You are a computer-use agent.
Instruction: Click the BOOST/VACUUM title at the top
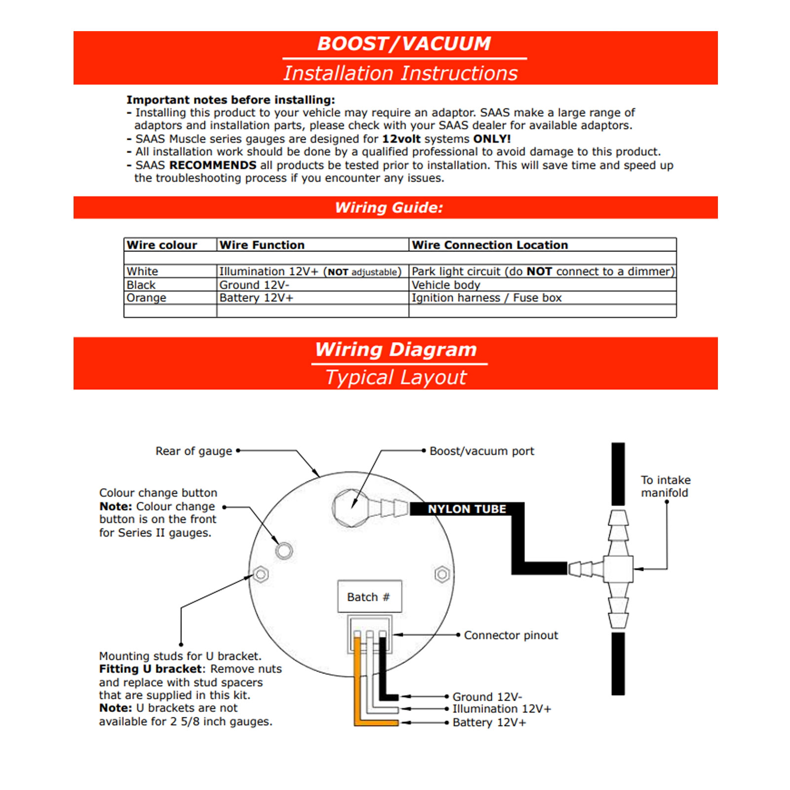[x=403, y=44]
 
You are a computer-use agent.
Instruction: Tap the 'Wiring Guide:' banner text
[x=389, y=207]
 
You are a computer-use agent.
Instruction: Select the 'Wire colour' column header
[x=162, y=245]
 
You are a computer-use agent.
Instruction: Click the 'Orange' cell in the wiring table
[x=147, y=298]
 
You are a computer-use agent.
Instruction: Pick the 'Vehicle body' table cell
[x=446, y=285]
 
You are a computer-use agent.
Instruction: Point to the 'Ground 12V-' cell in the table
[x=254, y=285]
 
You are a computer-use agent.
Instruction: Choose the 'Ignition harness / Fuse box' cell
[x=487, y=298]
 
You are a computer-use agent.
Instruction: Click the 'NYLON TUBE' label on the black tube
[x=467, y=509]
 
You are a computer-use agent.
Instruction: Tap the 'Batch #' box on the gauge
[x=369, y=597]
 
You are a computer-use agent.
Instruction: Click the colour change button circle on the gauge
[x=284, y=551]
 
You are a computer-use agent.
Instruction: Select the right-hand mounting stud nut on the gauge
[x=442, y=574]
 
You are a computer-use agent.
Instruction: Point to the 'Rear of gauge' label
[x=194, y=451]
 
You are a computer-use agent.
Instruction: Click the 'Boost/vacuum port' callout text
[x=481, y=451]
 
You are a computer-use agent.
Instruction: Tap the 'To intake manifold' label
[x=665, y=486]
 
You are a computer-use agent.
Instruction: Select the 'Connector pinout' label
[x=511, y=635]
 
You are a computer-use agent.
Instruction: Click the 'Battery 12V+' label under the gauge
[x=489, y=722]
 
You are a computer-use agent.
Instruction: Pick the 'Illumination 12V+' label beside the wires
[x=502, y=709]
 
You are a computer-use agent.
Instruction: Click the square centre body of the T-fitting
[x=618, y=569]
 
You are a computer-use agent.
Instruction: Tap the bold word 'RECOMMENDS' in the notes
[x=213, y=165]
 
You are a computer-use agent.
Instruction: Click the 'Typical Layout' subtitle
[x=396, y=378]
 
